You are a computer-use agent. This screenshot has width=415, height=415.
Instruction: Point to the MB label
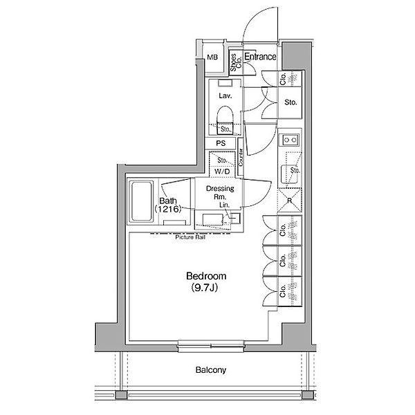(x=213, y=57)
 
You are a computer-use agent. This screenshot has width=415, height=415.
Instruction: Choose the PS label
(x=221, y=143)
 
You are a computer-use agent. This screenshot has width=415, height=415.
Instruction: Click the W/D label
(x=222, y=171)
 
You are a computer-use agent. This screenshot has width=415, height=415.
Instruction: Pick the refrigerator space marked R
(x=289, y=201)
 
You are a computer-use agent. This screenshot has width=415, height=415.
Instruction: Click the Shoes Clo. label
(x=235, y=63)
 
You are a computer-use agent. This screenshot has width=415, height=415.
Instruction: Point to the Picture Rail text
(x=190, y=237)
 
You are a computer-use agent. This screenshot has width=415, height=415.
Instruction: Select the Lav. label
(x=224, y=95)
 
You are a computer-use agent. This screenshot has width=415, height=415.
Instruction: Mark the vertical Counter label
(x=241, y=163)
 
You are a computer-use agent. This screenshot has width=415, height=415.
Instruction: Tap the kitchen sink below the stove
(x=289, y=174)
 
